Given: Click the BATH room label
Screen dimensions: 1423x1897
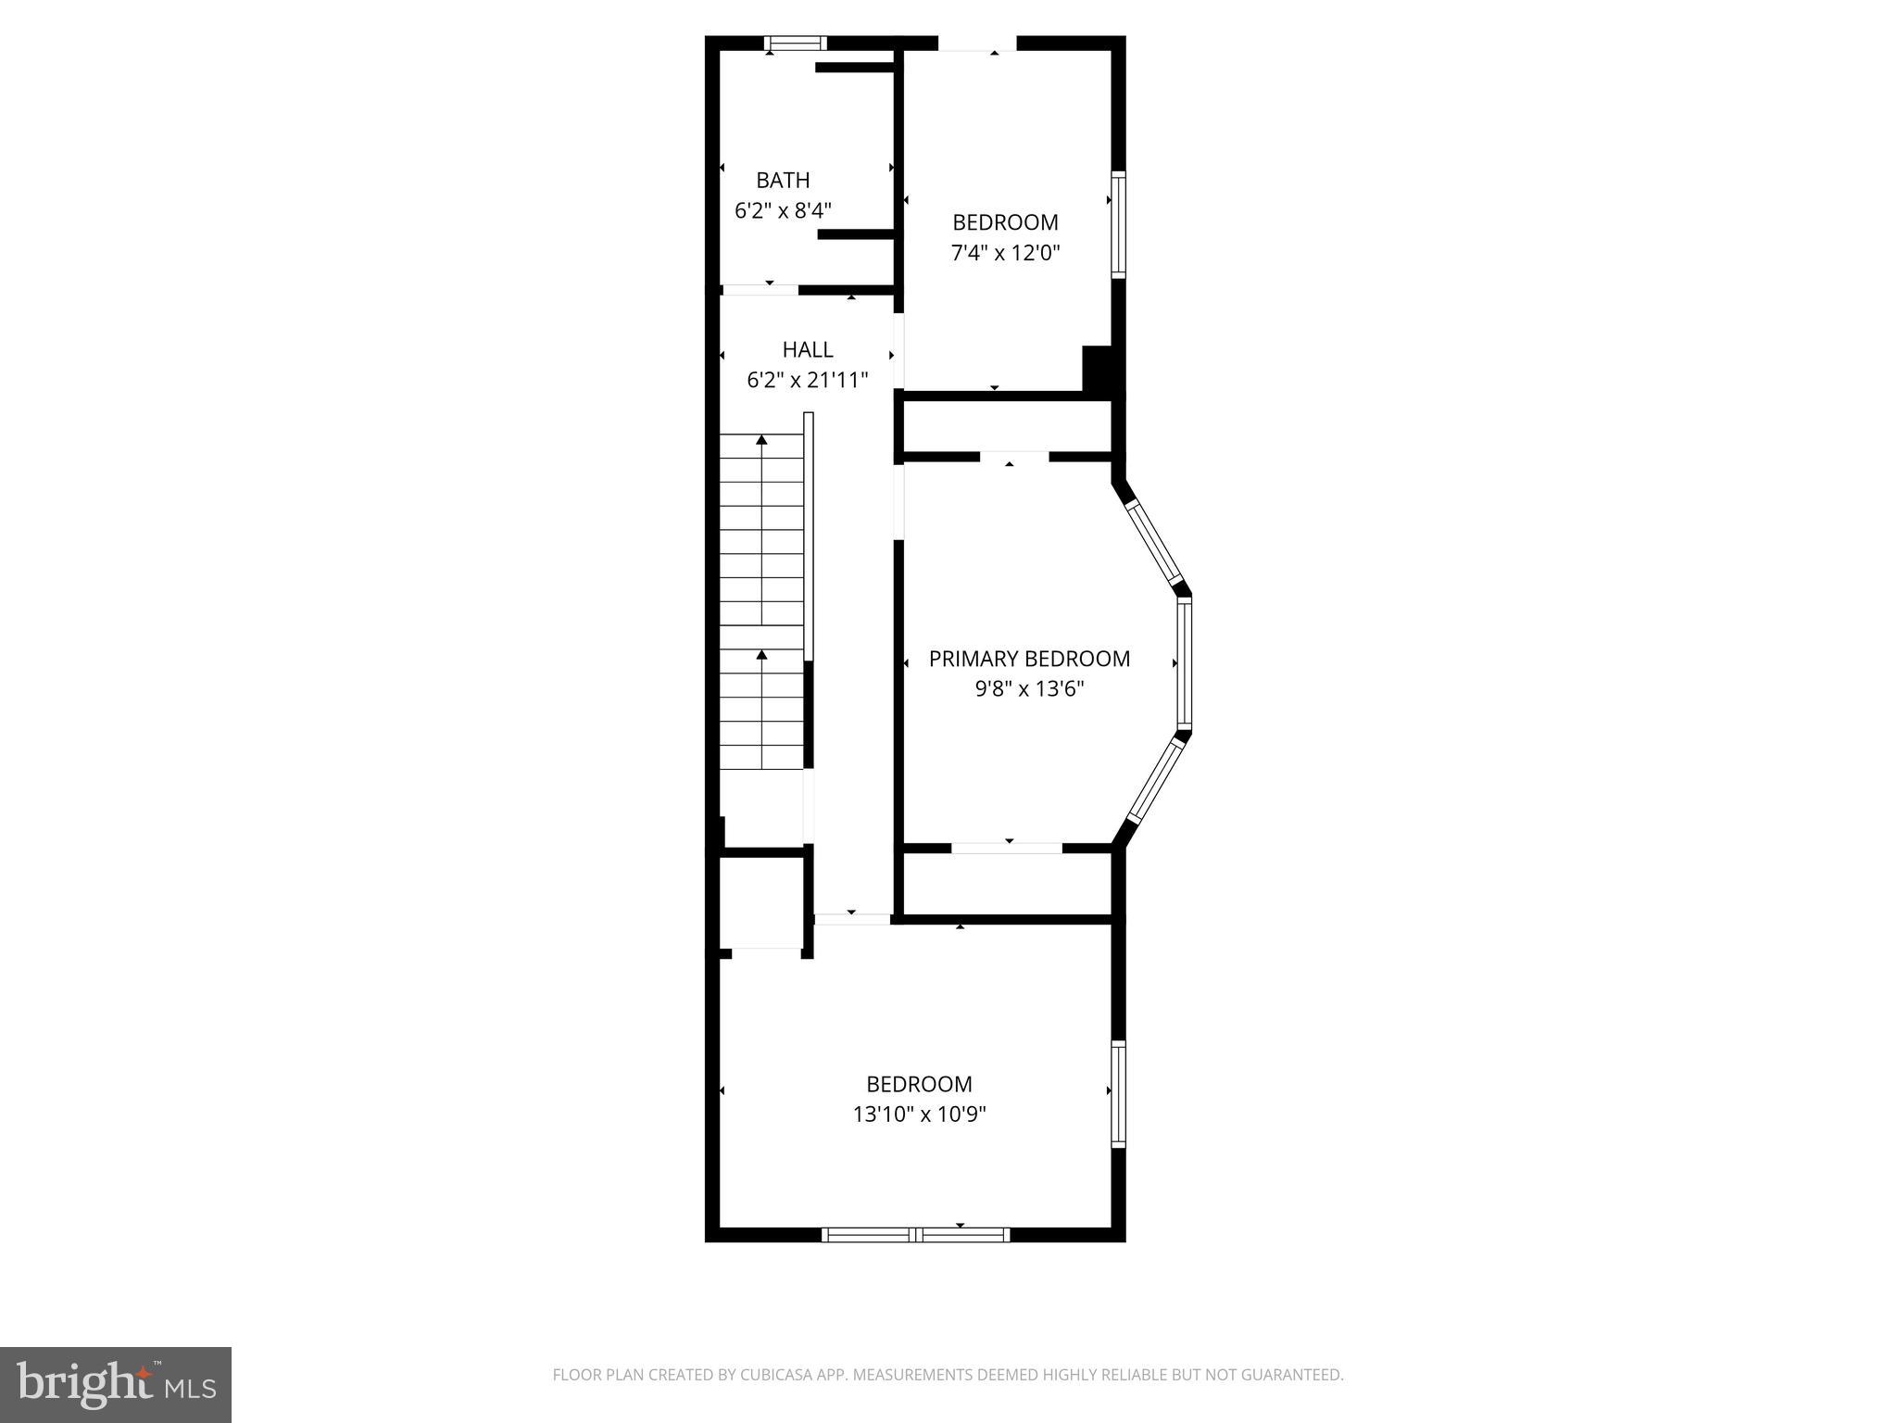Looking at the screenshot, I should (783, 180).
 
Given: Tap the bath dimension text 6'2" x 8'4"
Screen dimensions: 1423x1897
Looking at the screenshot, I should (783, 210).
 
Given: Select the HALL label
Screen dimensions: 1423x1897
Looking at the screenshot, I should (808, 349).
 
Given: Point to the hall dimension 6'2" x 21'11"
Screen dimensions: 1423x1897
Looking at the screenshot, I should (808, 380).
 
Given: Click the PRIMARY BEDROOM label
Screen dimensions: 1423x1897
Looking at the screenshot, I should (1029, 659).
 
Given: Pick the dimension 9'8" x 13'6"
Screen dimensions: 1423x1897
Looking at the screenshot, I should (1029, 689).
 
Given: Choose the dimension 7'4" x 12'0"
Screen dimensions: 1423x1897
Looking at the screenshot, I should (1005, 253).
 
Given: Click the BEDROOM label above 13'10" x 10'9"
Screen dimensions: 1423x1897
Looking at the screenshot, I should (919, 1084).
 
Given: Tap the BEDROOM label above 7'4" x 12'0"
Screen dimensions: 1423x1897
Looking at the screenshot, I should (1005, 222).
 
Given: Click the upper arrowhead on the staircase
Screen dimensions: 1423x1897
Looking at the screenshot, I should (761, 440).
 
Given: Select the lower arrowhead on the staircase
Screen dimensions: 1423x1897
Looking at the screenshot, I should (761, 655).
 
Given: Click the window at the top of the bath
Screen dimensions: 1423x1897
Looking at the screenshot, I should (796, 43).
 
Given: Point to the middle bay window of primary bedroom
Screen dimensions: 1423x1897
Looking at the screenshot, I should (1184, 663).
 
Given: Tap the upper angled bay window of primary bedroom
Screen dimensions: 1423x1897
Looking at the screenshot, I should (1153, 544).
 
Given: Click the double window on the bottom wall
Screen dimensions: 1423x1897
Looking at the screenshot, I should (915, 1234).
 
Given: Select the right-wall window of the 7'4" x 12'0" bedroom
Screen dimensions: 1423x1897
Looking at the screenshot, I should (1118, 224).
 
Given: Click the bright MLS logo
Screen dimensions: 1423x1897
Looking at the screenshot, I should (116, 1384).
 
